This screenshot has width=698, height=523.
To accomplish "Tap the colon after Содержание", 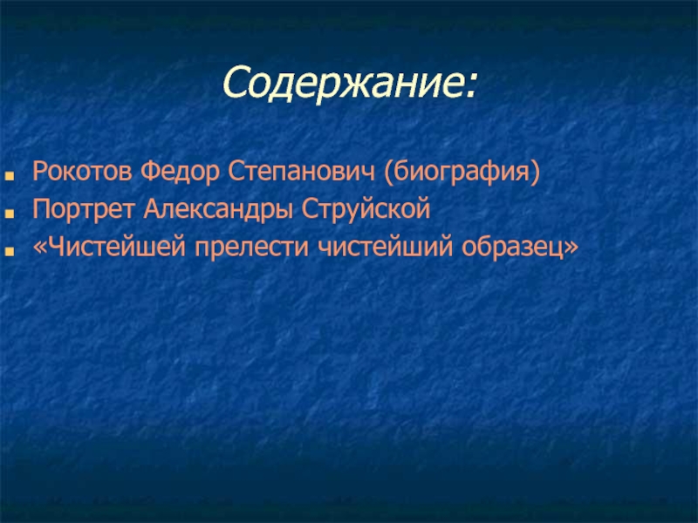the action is pyautogui.click(x=470, y=86).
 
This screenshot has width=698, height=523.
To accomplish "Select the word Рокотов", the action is pyautogui.click(x=82, y=171).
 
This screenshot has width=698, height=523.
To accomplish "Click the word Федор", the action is pyautogui.click(x=180, y=173).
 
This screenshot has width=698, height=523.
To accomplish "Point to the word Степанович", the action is pyautogui.click(x=302, y=173).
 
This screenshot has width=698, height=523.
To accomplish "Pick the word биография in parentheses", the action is pyautogui.click(x=462, y=173).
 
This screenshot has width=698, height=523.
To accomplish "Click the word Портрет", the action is pyautogui.click(x=83, y=209).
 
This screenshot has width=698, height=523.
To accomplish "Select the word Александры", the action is pyautogui.click(x=218, y=209).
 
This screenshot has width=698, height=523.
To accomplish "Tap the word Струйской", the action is pyautogui.click(x=366, y=209).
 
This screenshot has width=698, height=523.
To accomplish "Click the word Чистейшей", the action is pyautogui.click(x=116, y=247).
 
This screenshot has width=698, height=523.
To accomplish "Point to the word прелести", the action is pyautogui.click(x=251, y=248).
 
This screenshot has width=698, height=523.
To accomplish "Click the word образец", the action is pyautogui.click(x=512, y=248).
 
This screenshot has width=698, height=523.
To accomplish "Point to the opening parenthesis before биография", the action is pyautogui.click(x=389, y=173).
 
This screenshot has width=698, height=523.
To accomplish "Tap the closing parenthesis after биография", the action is pyautogui.click(x=535, y=173).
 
